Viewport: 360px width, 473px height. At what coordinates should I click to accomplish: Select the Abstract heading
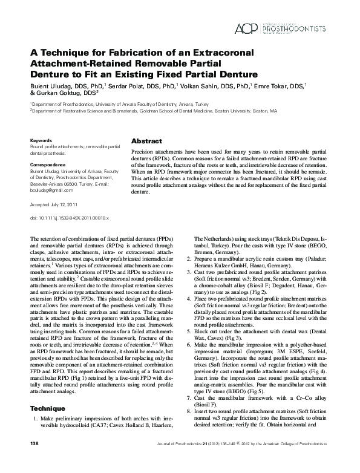(x=146, y=140)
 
